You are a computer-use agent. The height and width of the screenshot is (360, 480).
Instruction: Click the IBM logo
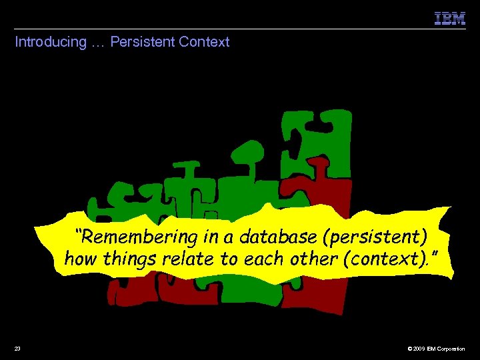450,19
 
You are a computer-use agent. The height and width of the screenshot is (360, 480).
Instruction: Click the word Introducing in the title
51,42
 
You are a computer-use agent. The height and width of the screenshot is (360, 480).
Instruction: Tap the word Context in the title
204,42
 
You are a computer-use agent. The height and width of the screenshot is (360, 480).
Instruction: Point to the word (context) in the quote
387,259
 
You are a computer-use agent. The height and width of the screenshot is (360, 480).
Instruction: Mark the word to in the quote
227,259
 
